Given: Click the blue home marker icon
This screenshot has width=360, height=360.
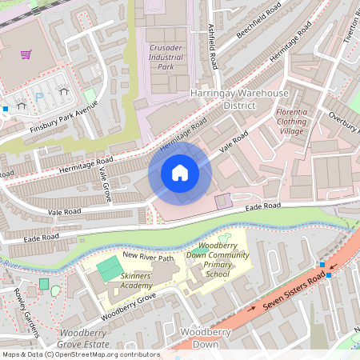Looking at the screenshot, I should (180, 173).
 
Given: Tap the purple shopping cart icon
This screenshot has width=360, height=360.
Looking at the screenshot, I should (26, 54).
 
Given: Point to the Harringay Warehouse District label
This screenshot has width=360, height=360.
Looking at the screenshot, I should (239, 99).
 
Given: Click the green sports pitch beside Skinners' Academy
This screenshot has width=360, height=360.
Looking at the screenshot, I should (106, 269).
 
